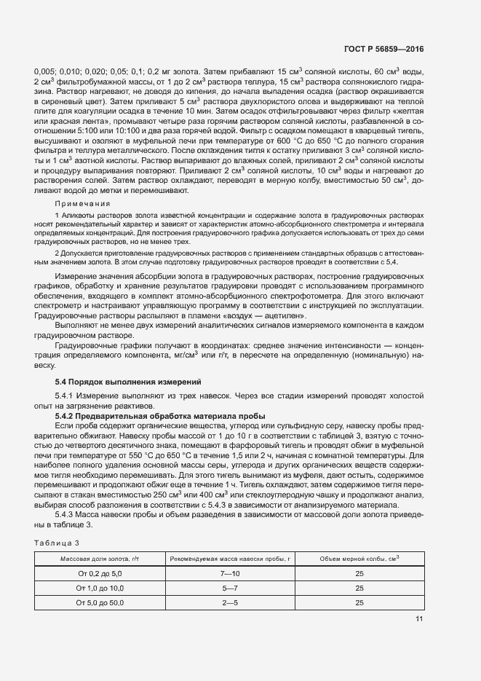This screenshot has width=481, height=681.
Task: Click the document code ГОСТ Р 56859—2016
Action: (386, 49)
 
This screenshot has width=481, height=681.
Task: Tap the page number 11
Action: (419, 619)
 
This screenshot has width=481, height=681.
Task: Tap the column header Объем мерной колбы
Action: (359, 558)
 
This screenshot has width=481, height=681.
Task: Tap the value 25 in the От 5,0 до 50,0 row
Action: (359, 603)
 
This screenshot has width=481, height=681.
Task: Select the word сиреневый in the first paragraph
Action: (60, 104)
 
